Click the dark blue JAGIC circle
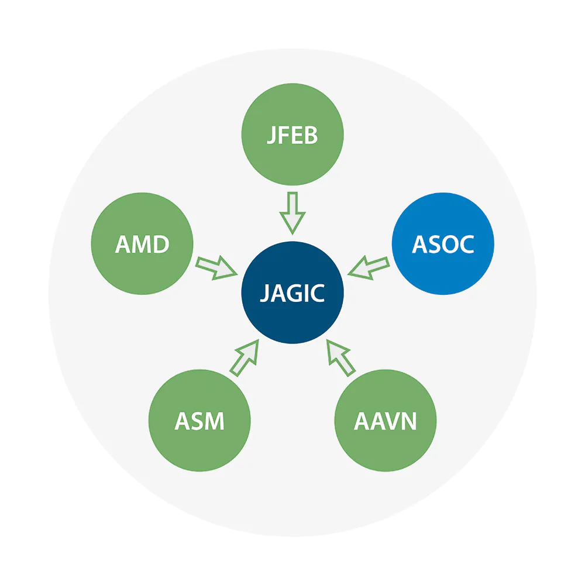point(292,292)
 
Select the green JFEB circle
point(292,135)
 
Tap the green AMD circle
point(142,243)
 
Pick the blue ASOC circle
point(443,243)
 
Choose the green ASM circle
point(199,421)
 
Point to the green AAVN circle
point(386,421)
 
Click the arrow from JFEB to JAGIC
point(292,214)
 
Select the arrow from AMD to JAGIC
point(216,268)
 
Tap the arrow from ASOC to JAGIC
point(369,268)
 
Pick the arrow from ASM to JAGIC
point(245,358)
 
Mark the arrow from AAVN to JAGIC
point(341,358)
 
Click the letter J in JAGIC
point(265,293)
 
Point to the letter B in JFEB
point(311,135)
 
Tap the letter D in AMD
point(161,245)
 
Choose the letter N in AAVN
point(408,421)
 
